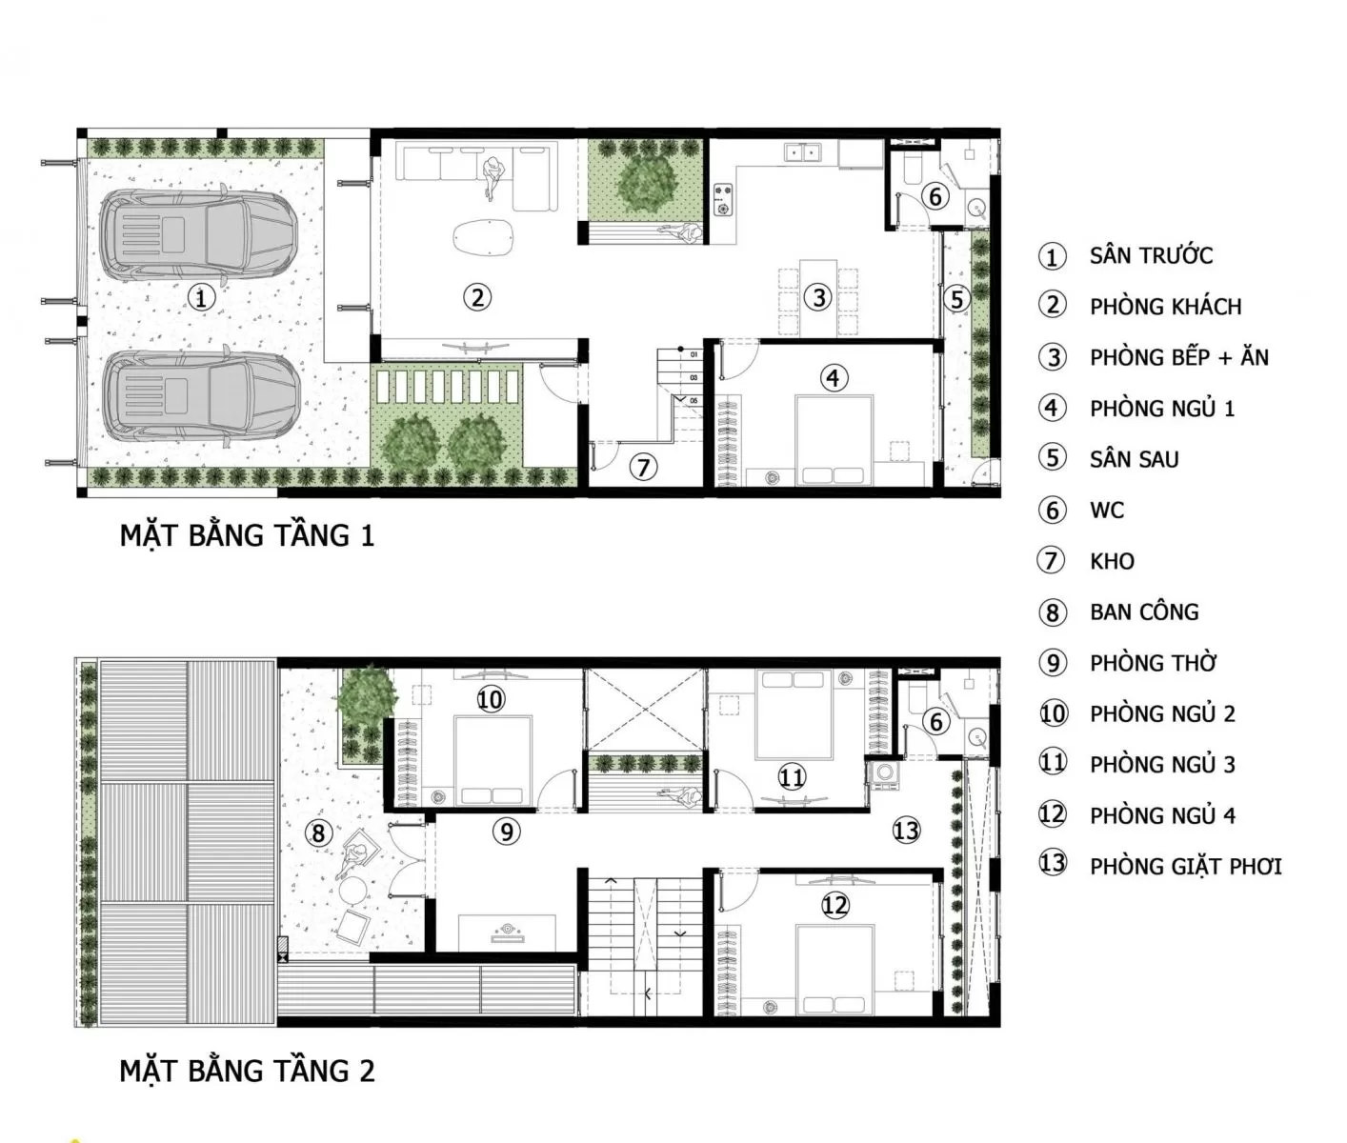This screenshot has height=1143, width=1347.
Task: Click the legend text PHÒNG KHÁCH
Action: [x=1166, y=307]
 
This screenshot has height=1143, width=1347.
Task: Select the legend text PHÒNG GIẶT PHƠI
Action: [x=1186, y=866]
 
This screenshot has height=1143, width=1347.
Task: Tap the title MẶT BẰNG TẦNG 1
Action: [x=247, y=535]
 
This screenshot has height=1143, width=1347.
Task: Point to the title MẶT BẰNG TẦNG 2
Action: [x=247, y=1071]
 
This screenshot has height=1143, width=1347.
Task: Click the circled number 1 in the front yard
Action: [x=201, y=298]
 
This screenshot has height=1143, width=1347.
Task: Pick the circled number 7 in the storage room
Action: [x=643, y=468]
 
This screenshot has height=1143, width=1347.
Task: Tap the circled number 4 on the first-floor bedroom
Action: [x=833, y=378]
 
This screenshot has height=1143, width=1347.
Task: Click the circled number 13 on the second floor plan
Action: [x=906, y=831]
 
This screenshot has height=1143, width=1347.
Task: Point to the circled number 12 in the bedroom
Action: [x=834, y=905]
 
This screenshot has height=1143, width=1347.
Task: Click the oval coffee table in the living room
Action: [x=483, y=235]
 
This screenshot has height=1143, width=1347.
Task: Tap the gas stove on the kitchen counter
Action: [x=724, y=199]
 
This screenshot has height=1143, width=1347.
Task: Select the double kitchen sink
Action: [x=802, y=152]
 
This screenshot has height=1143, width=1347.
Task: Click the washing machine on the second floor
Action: [x=884, y=773]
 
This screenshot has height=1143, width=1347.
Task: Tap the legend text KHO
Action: [x=1112, y=561]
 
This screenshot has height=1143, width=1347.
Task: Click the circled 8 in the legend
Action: [x=1052, y=612]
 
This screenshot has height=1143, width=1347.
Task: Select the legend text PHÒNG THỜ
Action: [x=1154, y=663]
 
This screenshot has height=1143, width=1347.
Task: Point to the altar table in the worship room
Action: [x=507, y=932]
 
